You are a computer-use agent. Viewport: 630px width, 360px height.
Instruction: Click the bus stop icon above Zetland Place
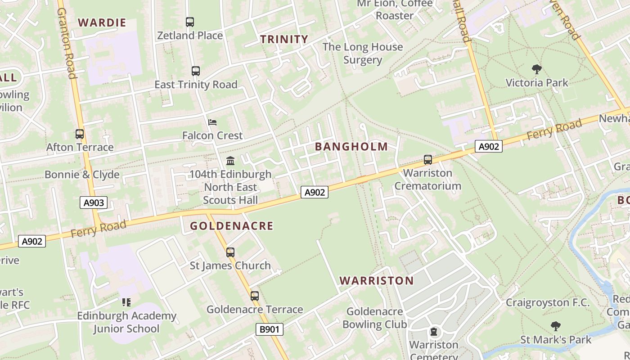pos(190,22)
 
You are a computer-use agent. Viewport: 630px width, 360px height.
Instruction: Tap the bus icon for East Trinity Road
pos(195,71)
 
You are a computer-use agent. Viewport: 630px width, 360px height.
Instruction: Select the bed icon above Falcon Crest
pos(212,122)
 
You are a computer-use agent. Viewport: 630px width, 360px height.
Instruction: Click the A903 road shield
pos(94,203)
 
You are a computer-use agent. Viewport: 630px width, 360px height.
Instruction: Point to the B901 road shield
pos(270,329)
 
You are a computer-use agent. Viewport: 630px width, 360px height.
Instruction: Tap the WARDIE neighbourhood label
pos(102,22)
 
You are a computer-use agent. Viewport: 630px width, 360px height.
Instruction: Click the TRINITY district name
pos(284,39)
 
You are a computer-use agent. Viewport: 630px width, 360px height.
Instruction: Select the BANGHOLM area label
pos(351,146)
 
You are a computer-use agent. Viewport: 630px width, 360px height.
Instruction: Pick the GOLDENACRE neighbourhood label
pos(232,226)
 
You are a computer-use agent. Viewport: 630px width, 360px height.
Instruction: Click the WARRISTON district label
pos(377,281)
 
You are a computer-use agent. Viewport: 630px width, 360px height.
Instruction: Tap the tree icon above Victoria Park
pos(536,69)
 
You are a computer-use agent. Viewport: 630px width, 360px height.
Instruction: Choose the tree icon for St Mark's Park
pos(556,326)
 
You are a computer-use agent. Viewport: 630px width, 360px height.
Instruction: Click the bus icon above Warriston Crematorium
pos(427,159)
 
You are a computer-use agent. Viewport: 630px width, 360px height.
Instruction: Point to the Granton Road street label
pos(66,43)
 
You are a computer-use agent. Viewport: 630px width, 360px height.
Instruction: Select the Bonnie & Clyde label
pos(82,175)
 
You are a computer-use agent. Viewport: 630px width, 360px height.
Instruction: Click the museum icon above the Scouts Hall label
pos(230,161)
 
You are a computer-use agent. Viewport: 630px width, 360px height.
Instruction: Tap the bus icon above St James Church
pos(230,252)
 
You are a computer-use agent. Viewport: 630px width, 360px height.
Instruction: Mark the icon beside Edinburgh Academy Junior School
pos(126,302)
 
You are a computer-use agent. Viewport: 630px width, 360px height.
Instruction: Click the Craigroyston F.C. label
pos(548,302)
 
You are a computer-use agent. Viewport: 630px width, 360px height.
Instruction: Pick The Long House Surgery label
pos(363,53)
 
